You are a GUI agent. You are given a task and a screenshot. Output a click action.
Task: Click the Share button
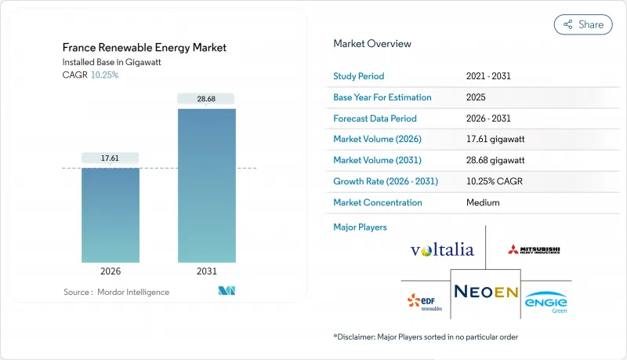pyautogui.click(x=583, y=24)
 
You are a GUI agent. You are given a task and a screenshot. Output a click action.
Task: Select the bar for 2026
pyautogui.click(x=111, y=215)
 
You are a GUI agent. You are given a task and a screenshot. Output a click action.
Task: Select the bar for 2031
pyautogui.click(x=206, y=185)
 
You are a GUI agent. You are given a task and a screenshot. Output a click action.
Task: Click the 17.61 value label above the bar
pyautogui.click(x=111, y=158)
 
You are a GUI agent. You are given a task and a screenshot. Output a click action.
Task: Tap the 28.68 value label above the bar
pyautogui.click(x=206, y=98)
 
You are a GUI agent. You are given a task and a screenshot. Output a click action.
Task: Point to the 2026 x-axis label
pyautogui.click(x=111, y=272)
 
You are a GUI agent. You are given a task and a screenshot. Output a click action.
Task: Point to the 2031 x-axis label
pyautogui.click(x=206, y=272)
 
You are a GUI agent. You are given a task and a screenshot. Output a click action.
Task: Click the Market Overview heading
pyautogui.click(x=372, y=43)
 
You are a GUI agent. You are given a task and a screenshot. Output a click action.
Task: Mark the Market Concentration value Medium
pyautogui.click(x=483, y=202)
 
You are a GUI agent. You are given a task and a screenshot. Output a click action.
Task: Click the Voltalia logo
pyautogui.click(x=442, y=250)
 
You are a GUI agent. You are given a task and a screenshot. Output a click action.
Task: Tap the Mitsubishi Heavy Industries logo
pyautogui.click(x=535, y=250)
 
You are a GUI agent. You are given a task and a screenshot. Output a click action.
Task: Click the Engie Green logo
pyautogui.click(x=546, y=302)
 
